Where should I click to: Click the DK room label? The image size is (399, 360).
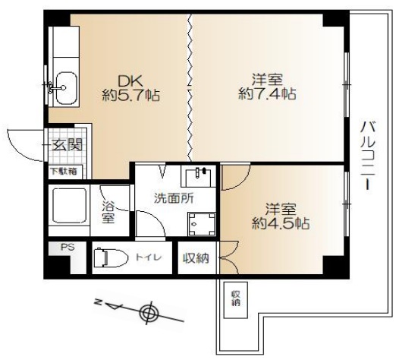130,81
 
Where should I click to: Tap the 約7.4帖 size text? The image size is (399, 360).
267,94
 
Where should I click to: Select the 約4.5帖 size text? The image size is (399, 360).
281,223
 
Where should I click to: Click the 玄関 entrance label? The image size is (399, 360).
68,145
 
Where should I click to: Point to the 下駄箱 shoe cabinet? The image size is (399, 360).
66,172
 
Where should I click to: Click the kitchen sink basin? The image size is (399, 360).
66,88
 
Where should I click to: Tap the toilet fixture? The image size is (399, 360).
111,257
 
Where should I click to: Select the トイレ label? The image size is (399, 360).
149,257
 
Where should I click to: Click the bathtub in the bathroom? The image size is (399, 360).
70,206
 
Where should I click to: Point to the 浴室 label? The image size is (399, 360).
108,212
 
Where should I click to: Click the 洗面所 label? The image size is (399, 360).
174,198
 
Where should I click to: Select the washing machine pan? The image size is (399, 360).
202,225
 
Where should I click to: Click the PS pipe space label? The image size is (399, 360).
68,247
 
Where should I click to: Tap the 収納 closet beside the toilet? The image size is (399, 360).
196,257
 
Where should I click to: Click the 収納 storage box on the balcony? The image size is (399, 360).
236,300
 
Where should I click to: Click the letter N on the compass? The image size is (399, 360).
97,302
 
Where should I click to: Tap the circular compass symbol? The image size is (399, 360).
149,312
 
